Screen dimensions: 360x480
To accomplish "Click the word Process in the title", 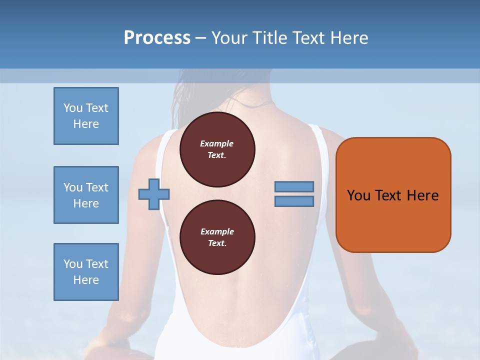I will click(157, 38).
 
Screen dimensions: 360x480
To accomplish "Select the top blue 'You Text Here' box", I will click(86, 116).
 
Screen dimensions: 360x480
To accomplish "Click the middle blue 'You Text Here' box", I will click(86, 195).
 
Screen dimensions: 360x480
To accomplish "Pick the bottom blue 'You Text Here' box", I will click(86, 272).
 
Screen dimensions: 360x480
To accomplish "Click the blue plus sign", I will click(154, 194).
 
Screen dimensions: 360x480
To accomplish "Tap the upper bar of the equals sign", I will click(294, 186).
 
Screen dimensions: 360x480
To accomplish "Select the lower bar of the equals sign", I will click(294, 201).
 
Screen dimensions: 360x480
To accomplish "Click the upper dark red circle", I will click(217, 149).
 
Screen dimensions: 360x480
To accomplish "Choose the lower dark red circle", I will click(217, 237).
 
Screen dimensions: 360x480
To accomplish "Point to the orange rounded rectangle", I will click(393, 195).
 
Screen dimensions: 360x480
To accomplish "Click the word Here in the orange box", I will click(422, 195).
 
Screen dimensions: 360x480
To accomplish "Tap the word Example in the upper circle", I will click(216, 143).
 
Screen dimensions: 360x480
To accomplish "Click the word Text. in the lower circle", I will click(216, 243).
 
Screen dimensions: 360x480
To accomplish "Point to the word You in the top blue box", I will click(72, 108).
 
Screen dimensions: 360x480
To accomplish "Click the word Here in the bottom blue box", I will click(86, 280).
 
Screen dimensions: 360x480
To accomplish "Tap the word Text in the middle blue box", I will click(96, 187).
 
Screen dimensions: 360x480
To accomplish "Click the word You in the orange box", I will click(358, 195).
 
